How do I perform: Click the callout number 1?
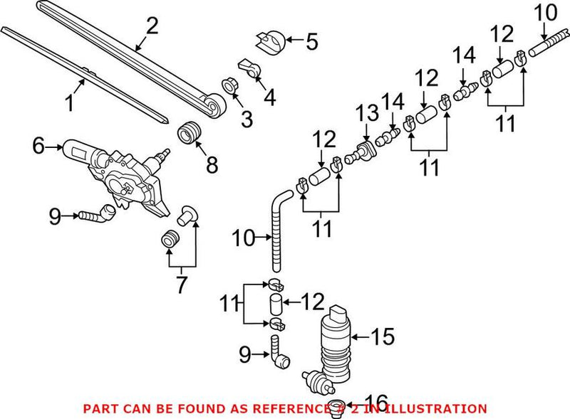pyautogui.click(x=70, y=104)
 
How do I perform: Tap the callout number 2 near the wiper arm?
pyautogui.click(x=151, y=26)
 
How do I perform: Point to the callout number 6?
pyautogui.click(x=38, y=147)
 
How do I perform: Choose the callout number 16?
pyautogui.click(x=378, y=402)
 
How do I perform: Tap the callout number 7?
pyautogui.click(x=182, y=285)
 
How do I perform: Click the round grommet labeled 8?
pyautogui.click(x=189, y=133)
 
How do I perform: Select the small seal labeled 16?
pyautogui.click(x=340, y=408)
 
